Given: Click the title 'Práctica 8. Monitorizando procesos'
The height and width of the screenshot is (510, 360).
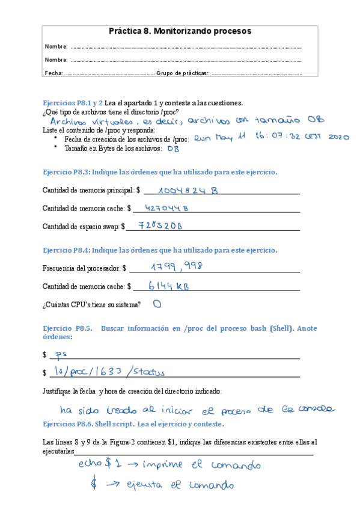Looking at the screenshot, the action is (180, 31).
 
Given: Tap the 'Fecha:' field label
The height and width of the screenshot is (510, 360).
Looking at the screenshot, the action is (53, 73).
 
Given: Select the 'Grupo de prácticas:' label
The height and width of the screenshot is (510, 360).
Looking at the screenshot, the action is (182, 73).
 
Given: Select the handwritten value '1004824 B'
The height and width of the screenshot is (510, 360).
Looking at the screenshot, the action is (188, 191).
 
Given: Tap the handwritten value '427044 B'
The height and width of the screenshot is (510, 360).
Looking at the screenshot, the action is (167, 209).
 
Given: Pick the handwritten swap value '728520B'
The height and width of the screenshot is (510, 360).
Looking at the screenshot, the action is (159, 226).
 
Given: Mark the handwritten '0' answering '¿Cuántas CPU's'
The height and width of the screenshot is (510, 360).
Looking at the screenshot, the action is (157, 304).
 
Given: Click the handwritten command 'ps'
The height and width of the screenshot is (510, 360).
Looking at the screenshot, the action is (59, 354).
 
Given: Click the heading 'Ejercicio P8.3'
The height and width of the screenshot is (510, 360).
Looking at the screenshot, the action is (66, 171).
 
